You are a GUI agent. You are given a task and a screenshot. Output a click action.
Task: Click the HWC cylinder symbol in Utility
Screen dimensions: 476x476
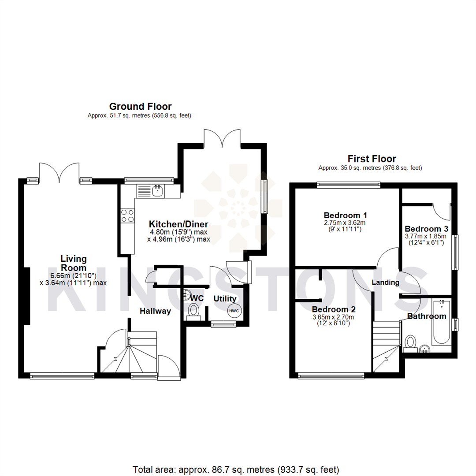(x=234, y=311)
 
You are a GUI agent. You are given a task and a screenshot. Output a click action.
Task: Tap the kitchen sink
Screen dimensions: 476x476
(x=156, y=191)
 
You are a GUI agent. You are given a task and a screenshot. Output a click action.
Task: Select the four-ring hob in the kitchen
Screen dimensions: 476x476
(x=128, y=216)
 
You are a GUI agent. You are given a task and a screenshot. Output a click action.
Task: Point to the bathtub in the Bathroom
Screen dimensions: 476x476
(x=441, y=322)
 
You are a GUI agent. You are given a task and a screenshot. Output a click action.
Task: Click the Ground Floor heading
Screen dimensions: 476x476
(x=140, y=106)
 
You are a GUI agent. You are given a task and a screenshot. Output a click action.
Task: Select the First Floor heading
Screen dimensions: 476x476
(x=372, y=159)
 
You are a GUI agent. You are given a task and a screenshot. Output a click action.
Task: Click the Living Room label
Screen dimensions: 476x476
(x=74, y=263)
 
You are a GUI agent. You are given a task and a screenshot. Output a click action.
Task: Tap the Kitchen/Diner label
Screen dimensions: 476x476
(x=178, y=223)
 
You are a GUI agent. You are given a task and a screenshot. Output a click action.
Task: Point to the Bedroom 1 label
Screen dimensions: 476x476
(x=346, y=216)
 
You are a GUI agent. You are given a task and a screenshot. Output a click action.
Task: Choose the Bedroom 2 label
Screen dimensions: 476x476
(x=334, y=309)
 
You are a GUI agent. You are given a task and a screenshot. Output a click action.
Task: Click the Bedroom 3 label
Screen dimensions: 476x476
(x=426, y=229)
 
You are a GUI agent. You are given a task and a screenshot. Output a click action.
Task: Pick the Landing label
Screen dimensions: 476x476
(x=385, y=282)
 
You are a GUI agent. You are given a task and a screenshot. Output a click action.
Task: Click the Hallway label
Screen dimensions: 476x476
(x=155, y=311)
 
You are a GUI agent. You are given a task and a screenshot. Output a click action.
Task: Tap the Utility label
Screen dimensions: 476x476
(x=225, y=299)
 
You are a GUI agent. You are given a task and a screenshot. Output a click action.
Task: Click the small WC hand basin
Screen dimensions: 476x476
(x=187, y=294)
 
